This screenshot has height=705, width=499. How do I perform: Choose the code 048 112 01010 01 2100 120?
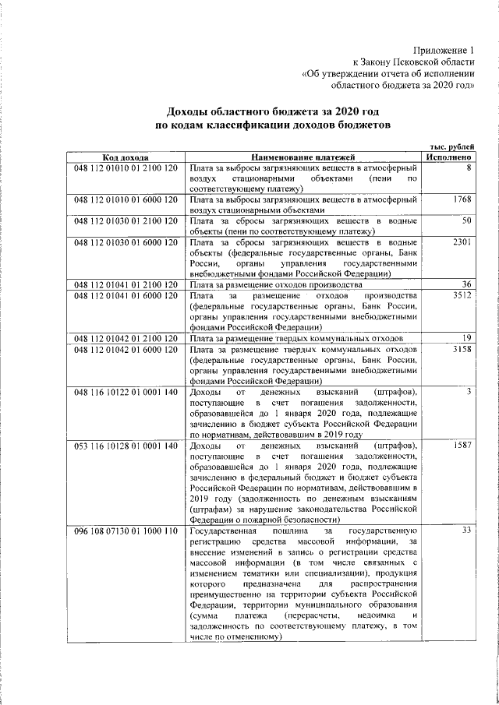(126, 167)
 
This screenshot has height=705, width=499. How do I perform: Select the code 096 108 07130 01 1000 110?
(126, 531)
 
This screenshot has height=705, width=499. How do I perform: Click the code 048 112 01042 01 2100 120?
(126, 339)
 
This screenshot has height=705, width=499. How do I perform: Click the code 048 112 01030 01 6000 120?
(126, 243)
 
